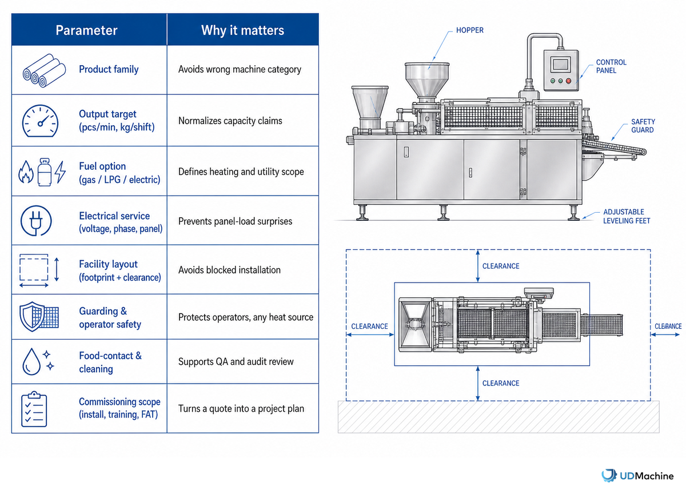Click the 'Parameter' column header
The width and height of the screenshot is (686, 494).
coord(87,30)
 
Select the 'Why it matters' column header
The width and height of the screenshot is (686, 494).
coord(242,30)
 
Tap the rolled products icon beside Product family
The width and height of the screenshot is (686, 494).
coord(44,70)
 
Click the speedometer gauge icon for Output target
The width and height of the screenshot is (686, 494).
coord(40,121)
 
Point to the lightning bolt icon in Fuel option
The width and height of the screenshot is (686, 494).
coord(61,172)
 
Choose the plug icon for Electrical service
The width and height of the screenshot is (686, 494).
coord(36,221)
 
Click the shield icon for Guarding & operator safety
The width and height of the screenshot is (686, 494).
coord(32,316)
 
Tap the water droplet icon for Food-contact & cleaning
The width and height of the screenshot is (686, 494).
coord(31,361)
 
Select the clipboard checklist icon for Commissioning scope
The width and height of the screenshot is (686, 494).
coord(34,409)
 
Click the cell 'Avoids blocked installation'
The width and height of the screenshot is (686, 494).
coord(229,270)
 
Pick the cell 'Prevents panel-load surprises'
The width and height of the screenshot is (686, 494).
coord(235,221)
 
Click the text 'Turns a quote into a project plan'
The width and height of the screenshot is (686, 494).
coord(241,409)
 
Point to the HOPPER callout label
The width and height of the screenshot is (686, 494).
coord(469,30)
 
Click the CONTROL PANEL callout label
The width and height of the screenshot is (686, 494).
coord(611,66)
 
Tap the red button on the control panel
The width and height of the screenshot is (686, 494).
coord(568,81)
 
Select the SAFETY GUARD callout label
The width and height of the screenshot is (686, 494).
coord(643,126)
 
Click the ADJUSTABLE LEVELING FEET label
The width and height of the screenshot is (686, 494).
coord(627,216)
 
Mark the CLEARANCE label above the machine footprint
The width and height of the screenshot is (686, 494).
coord(501,266)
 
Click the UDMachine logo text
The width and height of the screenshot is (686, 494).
coord(647,476)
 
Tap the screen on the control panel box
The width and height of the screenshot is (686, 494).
coord(561,65)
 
